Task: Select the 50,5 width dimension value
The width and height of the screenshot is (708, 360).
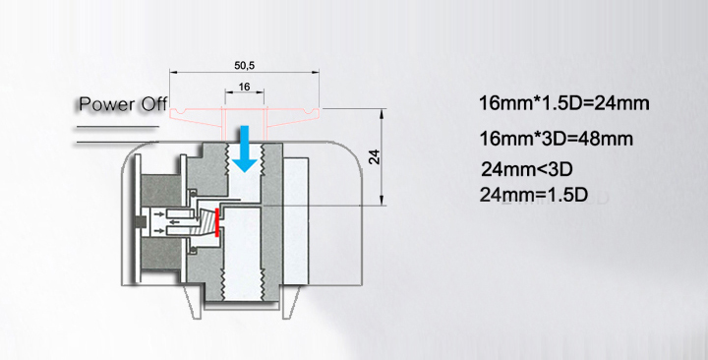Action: (244, 66)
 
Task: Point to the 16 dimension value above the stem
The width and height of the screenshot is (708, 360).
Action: (244, 87)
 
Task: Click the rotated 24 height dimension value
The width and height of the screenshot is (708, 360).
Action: (376, 156)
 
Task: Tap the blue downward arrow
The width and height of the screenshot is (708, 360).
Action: (244, 150)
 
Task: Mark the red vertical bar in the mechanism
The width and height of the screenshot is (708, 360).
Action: (217, 222)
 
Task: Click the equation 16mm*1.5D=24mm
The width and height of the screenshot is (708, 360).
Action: (564, 103)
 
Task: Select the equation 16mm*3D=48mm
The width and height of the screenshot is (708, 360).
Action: (556, 139)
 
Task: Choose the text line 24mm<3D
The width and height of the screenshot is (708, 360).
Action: (526, 170)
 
